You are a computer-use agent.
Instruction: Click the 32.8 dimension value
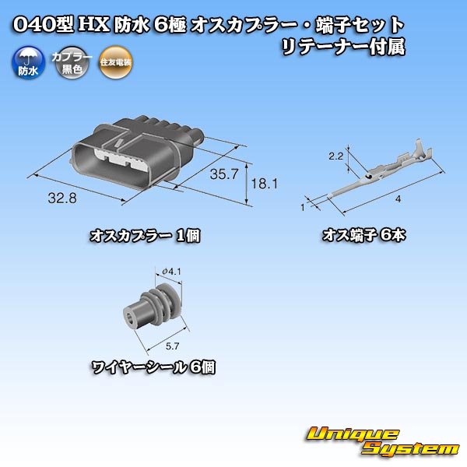pos(61,198)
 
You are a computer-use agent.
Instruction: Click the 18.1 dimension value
pos(265,184)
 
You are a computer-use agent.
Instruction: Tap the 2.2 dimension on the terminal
pos(336,157)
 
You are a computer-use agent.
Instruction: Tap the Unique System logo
pos(382,441)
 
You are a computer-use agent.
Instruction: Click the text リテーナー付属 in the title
pos(343,47)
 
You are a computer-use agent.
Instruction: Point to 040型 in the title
pos(44,25)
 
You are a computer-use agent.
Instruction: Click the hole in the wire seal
pos(129,318)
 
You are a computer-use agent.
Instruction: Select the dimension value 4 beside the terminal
pos(398,200)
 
